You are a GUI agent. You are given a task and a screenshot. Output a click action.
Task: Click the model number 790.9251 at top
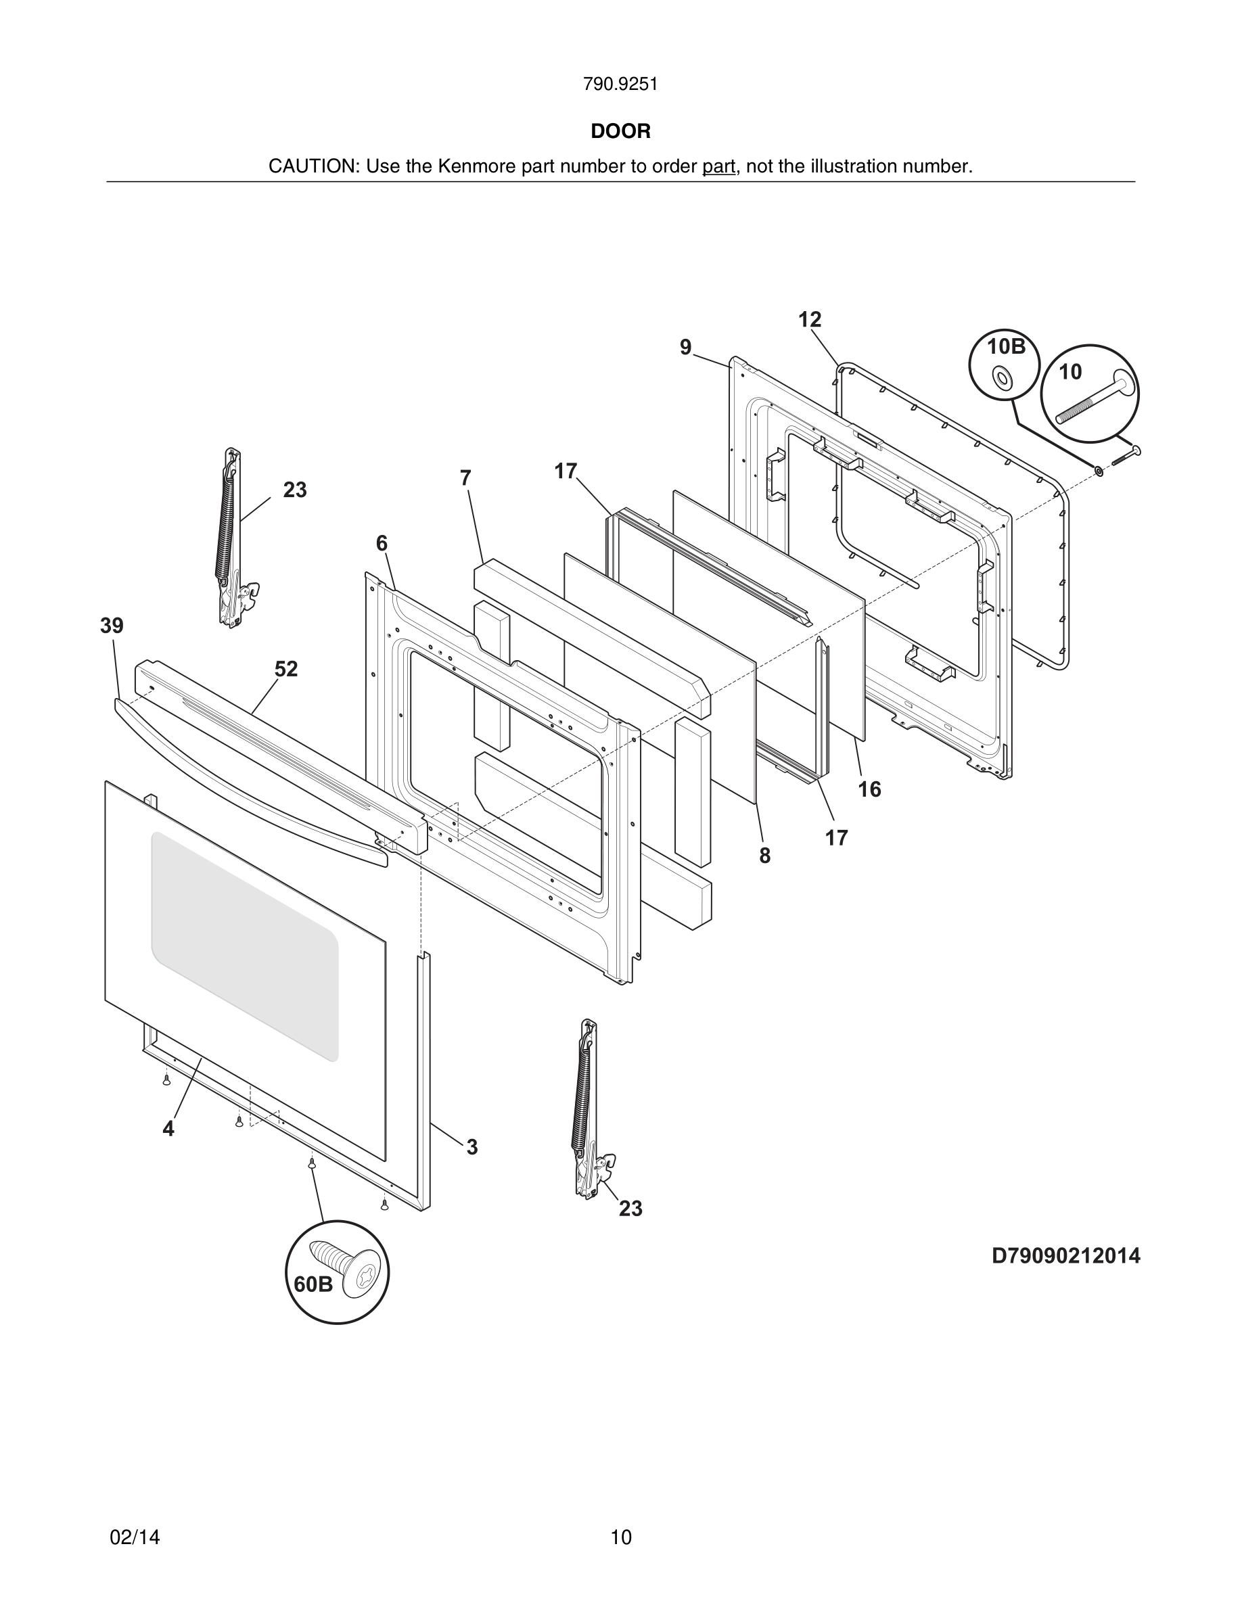(620, 85)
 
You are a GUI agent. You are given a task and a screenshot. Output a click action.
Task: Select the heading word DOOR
(620, 132)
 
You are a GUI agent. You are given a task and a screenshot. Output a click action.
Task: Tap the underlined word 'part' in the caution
(718, 167)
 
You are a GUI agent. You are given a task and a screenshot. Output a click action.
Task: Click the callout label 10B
(1006, 346)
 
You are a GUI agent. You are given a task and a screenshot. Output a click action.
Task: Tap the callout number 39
(112, 626)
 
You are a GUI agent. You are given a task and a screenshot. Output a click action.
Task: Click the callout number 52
(286, 669)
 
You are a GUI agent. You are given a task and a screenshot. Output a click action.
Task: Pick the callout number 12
(809, 320)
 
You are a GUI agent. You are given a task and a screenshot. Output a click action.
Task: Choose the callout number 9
(686, 347)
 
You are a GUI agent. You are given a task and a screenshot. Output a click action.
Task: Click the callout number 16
(869, 789)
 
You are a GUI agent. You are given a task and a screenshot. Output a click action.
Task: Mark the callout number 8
(765, 855)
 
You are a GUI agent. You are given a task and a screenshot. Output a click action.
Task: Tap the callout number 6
(381, 544)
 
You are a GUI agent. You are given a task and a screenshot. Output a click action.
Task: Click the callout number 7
(465, 478)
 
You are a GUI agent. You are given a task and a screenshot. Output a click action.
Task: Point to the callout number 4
(168, 1129)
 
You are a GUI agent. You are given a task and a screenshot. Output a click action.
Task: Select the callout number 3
(471, 1147)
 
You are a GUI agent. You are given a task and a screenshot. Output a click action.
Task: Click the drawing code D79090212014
(1065, 1256)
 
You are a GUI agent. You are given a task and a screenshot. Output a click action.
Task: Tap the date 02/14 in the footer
(135, 1537)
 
